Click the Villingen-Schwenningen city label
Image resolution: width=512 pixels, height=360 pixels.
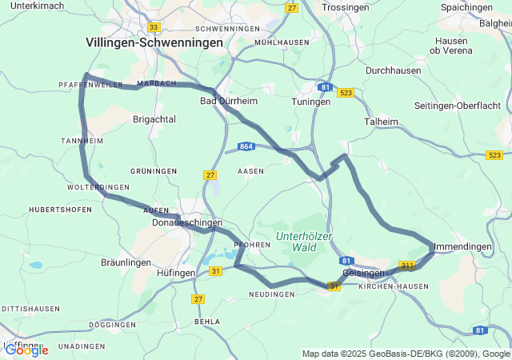(x=154, y=42)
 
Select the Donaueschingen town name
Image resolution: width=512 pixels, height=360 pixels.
(x=187, y=223)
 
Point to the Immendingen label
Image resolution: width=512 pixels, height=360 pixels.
(x=462, y=247)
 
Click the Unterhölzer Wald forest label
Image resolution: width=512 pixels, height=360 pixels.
(x=304, y=241)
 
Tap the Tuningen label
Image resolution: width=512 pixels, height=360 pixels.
(x=311, y=102)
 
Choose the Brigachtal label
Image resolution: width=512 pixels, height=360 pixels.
(x=154, y=118)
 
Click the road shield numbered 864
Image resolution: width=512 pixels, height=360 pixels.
(x=246, y=147)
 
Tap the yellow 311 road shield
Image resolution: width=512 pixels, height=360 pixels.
(x=407, y=266)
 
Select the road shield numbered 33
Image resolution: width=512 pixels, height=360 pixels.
(x=154, y=26)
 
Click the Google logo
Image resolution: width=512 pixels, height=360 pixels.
(x=26, y=350)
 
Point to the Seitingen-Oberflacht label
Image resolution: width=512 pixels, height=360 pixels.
(x=458, y=106)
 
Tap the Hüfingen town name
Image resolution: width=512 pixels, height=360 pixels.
(x=171, y=273)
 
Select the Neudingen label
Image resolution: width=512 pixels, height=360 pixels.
(x=272, y=294)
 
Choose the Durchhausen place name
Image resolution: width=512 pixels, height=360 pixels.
(x=393, y=70)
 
